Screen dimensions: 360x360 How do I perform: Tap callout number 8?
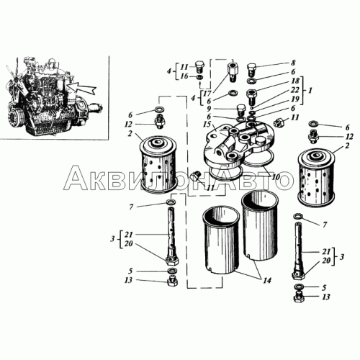pyautogui.click(x=293, y=63)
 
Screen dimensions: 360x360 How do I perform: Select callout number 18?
pyautogui.click(x=295, y=81)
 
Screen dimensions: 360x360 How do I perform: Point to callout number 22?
pyautogui.click(x=295, y=90)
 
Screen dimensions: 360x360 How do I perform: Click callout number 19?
pyautogui.click(x=295, y=99)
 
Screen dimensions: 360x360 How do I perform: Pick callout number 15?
pyautogui.click(x=206, y=125)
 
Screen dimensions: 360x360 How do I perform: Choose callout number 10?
pyautogui.click(x=276, y=177)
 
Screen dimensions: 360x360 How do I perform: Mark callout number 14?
pyautogui.click(x=267, y=280)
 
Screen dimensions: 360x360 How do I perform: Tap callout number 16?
pyautogui.click(x=184, y=76)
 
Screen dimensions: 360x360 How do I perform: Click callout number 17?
pyautogui.click(x=207, y=93)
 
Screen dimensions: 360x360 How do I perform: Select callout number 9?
pyautogui.click(x=209, y=109)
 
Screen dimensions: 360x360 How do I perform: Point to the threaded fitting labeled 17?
pyautogui.click(x=232, y=71)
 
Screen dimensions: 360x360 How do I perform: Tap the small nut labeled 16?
pyautogui.click(x=199, y=77)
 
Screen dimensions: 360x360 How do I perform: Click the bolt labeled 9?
pyautogui.click(x=240, y=110)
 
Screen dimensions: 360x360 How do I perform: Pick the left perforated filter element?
pyautogui.click(x=158, y=165)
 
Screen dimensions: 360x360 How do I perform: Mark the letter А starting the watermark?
pyautogui.click(x=76, y=178)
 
